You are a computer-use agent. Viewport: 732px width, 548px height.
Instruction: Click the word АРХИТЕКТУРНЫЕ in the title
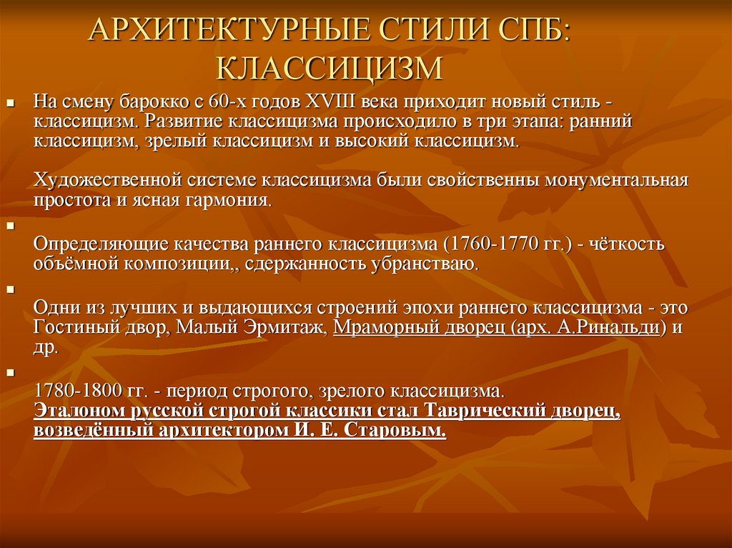pos(229,30)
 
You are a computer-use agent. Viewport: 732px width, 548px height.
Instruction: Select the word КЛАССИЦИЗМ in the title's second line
pos(330,69)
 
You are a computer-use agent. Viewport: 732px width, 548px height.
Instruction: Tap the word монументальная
pos(616,180)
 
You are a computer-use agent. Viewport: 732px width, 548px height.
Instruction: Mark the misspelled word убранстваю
pos(425,264)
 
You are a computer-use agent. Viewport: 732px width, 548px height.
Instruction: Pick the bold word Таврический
pos(485,410)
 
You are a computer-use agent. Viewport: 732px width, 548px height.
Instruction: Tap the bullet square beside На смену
pos(11,101)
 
